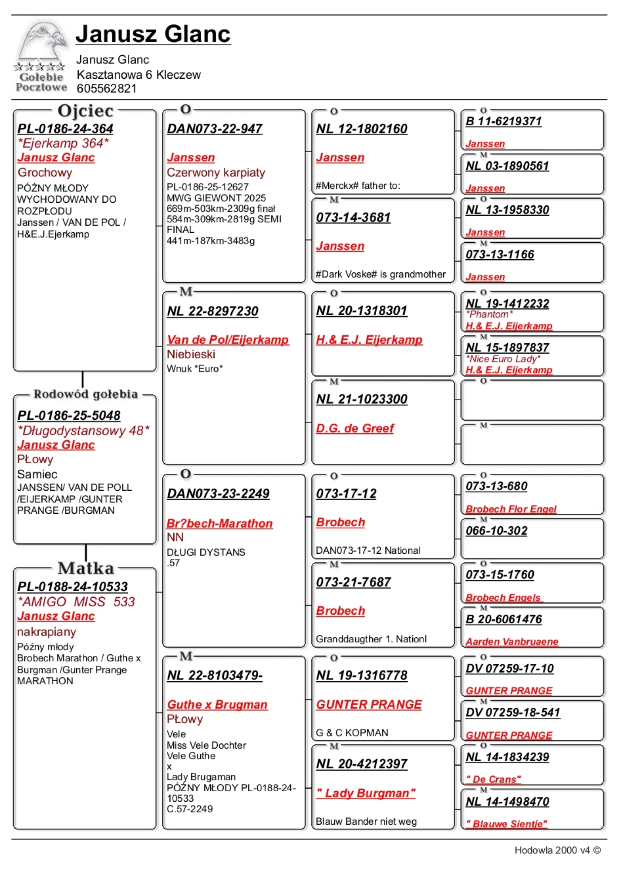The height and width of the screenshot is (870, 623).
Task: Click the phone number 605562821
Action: (107, 89)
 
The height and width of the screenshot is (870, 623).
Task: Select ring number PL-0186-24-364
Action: (65, 129)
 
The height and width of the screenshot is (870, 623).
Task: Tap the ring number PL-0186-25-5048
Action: (69, 415)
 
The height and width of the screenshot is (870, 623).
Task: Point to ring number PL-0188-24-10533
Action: (73, 587)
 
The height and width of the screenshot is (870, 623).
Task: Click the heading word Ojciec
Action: (85, 111)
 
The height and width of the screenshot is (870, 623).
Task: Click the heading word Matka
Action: (86, 568)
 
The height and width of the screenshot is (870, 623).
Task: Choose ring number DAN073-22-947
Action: (215, 129)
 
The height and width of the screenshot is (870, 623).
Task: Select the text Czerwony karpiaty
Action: (216, 173)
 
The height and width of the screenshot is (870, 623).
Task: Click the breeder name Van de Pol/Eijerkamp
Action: (228, 340)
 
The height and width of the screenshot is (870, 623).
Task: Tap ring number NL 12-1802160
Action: (362, 129)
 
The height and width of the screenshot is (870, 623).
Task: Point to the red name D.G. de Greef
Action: (355, 428)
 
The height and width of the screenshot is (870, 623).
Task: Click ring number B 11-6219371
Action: (504, 121)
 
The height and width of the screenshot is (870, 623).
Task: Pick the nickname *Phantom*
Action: (489, 315)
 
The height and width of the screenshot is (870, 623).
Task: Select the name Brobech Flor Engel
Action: (511, 509)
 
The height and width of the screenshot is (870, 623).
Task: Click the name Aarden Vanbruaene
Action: (512, 642)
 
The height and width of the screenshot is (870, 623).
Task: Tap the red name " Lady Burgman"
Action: (366, 793)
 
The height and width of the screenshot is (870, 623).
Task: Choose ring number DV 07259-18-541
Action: (513, 713)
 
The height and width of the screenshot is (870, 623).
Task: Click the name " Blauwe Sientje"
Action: (506, 824)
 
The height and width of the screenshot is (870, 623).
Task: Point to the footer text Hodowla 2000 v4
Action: (552, 850)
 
